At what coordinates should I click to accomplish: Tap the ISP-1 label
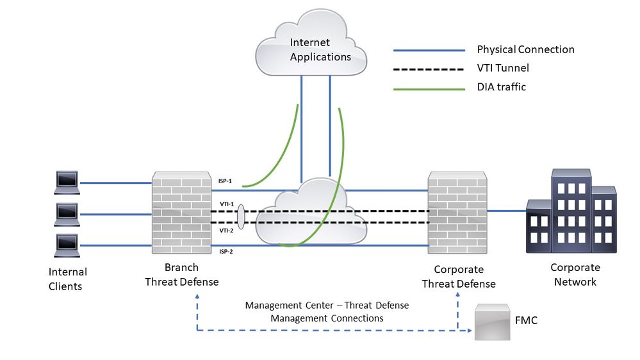point(226,182)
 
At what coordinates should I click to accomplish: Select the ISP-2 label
point(226,252)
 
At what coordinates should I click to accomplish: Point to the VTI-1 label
point(226,204)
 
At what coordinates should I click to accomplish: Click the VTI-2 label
point(226,230)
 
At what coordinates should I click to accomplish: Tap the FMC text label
point(525,320)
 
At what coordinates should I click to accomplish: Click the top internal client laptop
point(67,183)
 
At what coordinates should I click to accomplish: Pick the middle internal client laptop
point(67,214)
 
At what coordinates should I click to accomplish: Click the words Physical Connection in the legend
point(525,49)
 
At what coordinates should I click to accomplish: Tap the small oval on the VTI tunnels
point(241,217)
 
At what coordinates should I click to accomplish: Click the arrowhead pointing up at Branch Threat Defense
point(197,297)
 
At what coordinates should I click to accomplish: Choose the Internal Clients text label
point(67,279)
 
